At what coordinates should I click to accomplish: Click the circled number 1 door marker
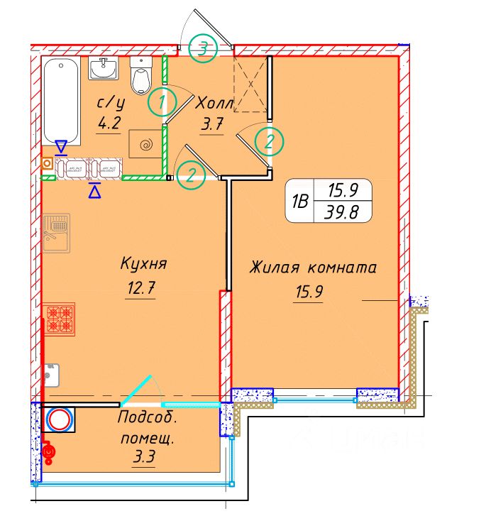click(162, 104)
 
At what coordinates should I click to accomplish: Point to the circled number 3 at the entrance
click(204, 48)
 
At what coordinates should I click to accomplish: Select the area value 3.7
click(213, 126)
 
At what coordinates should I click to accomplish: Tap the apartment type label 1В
click(299, 202)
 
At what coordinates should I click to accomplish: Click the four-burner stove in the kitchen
click(60, 319)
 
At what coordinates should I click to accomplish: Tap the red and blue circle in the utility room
click(60, 421)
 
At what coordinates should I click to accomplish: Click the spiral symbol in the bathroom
click(145, 146)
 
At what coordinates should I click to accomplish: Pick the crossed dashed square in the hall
click(251, 84)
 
